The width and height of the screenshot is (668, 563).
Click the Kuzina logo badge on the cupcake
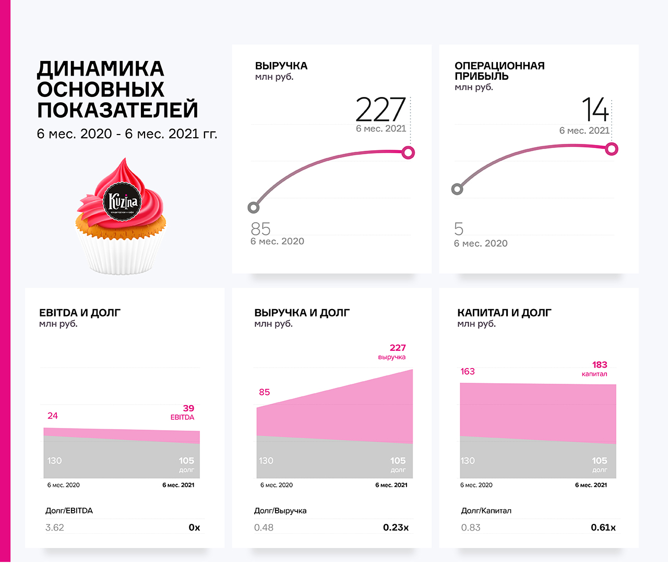(x=122, y=201)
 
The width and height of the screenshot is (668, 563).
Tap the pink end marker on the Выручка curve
(x=408, y=152)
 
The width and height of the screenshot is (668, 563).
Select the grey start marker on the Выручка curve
(x=254, y=207)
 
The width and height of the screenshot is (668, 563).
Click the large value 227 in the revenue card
(x=380, y=109)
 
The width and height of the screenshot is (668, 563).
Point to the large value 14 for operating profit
(x=595, y=109)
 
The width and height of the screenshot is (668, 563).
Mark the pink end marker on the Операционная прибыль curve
(x=612, y=149)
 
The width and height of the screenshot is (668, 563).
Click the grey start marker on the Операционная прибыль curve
(x=457, y=189)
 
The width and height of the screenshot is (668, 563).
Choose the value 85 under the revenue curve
(x=260, y=229)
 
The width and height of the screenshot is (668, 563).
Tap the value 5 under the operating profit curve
(x=459, y=229)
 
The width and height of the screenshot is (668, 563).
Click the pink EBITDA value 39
(x=188, y=408)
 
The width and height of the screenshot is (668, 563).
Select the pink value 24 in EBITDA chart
(x=53, y=415)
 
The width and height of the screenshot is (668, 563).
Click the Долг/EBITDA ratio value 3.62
(x=55, y=528)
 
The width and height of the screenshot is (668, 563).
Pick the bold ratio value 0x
(x=194, y=528)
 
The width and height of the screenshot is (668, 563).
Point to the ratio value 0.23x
(x=396, y=528)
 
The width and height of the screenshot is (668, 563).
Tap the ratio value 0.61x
(x=603, y=528)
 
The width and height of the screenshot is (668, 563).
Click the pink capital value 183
(x=600, y=364)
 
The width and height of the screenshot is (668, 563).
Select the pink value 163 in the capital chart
(x=468, y=371)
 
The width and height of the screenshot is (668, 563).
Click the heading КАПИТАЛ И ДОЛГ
(x=504, y=313)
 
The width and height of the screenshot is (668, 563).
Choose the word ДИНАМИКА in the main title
(x=101, y=69)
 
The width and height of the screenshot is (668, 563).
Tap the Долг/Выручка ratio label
(x=280, y=510)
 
